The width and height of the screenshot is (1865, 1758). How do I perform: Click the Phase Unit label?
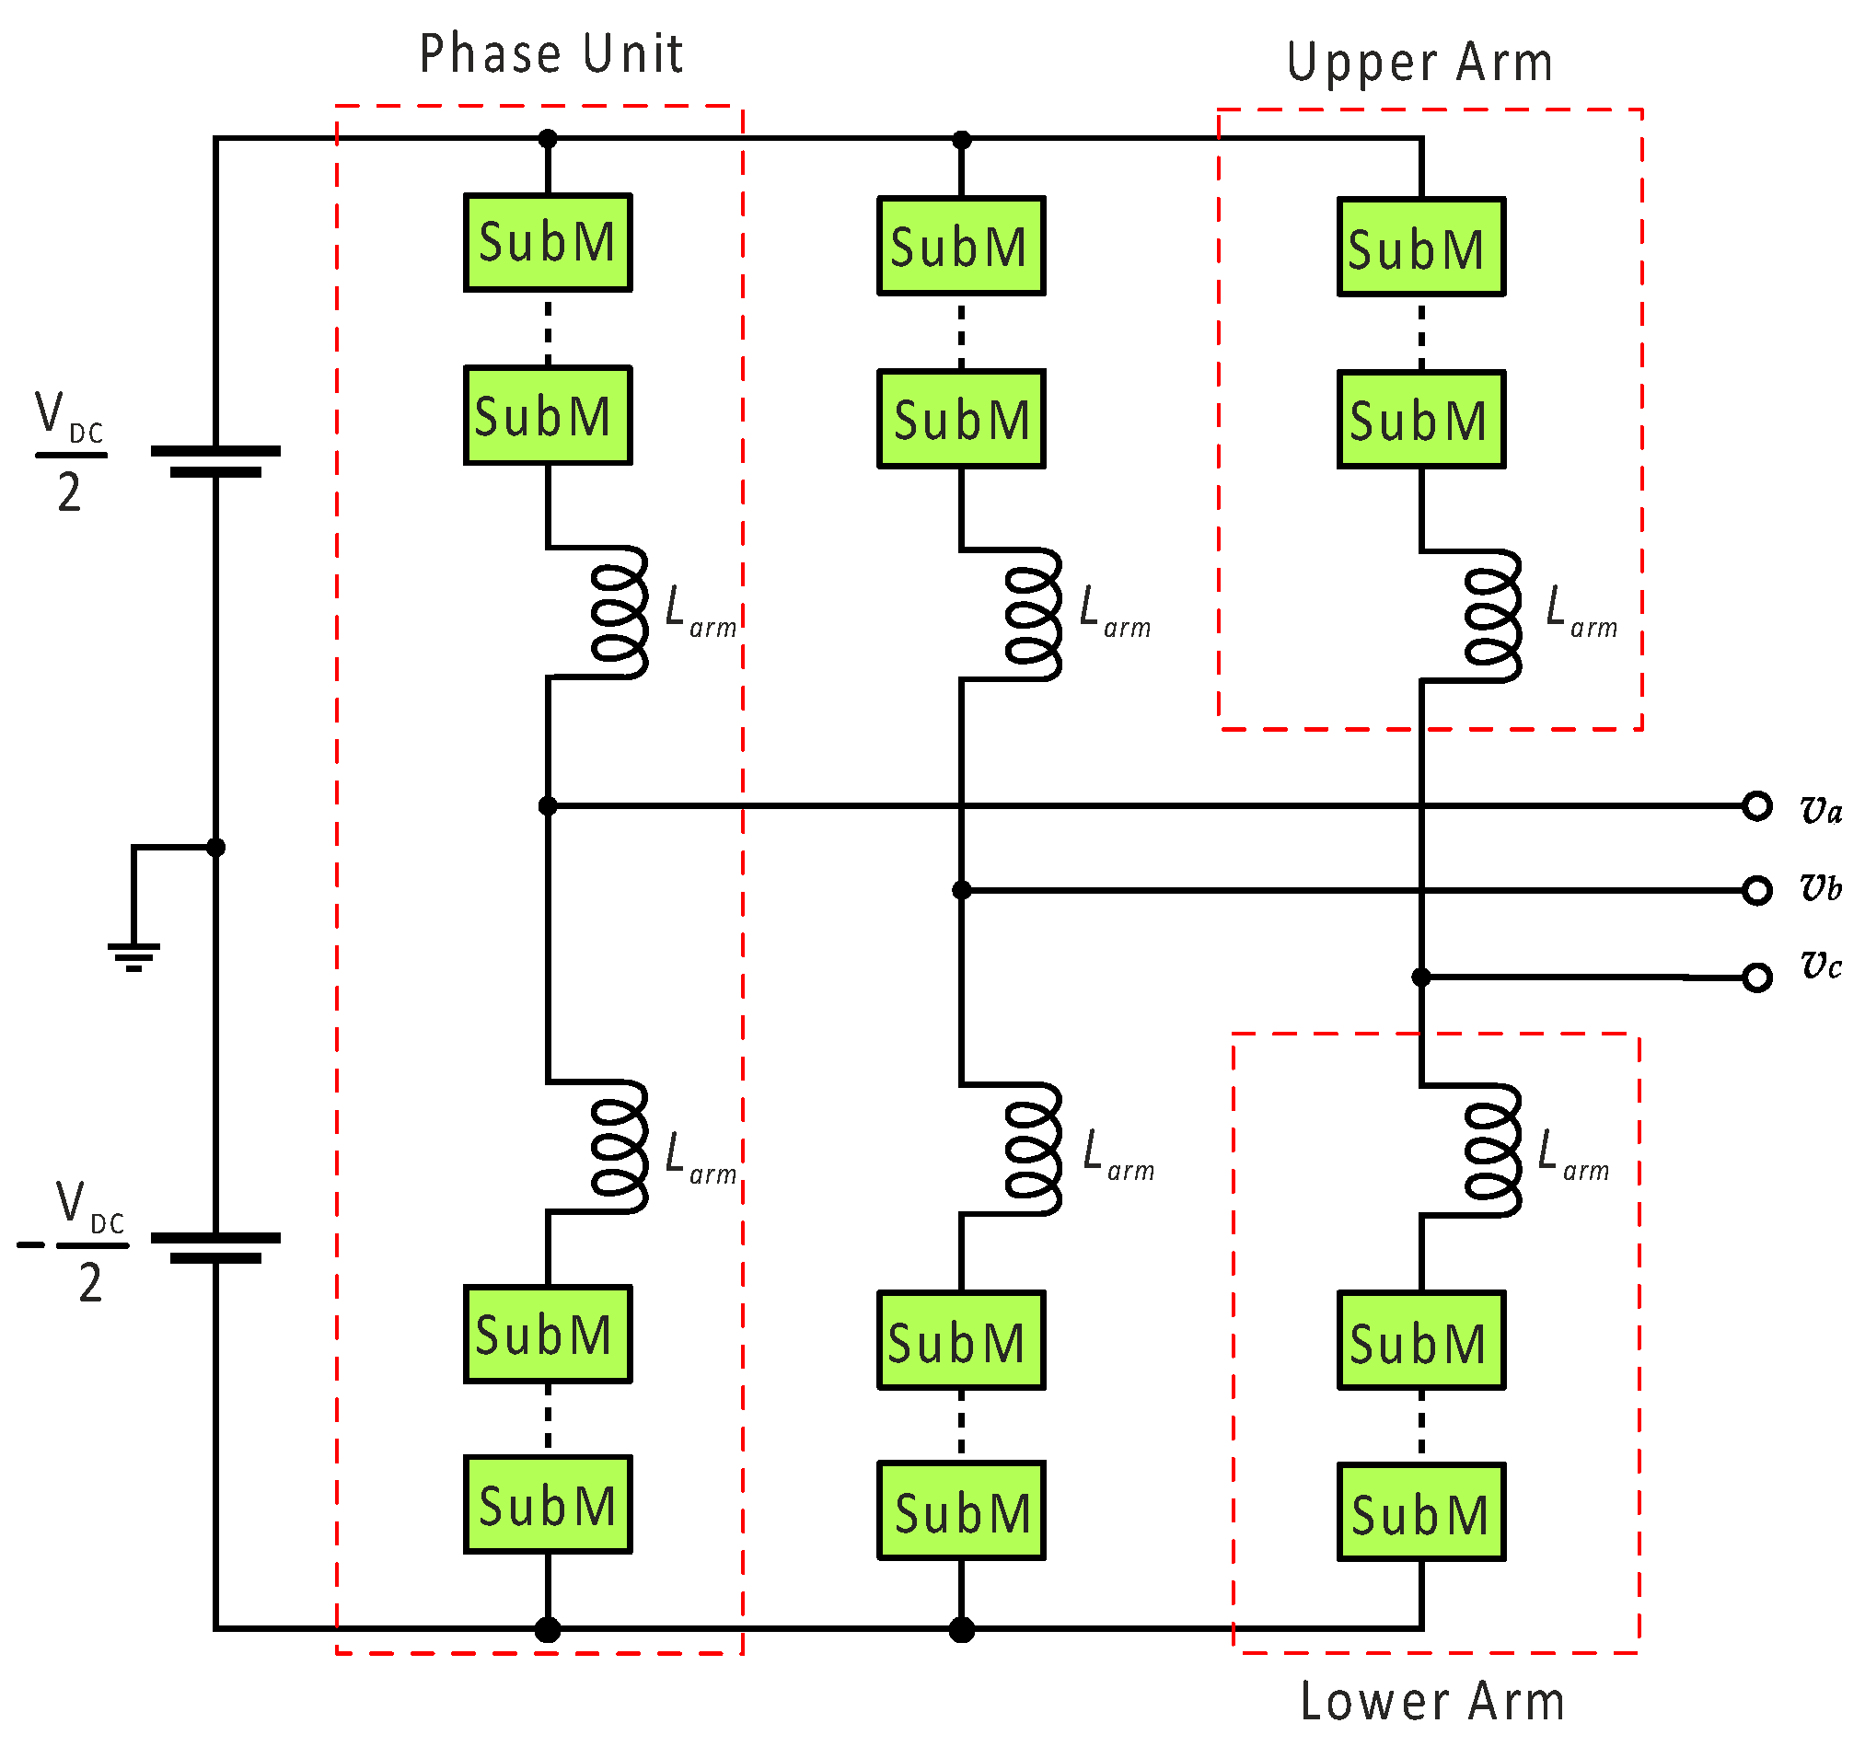click(550, 53)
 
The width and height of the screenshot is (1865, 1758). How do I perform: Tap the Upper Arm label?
click(1419, 63)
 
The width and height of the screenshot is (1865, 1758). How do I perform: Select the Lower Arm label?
click(1432, 1701)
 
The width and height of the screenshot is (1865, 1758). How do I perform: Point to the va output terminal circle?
click(1757, 806)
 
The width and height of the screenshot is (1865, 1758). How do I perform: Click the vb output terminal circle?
click(1757, 890)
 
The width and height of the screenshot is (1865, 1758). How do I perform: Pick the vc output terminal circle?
click(1757, 977)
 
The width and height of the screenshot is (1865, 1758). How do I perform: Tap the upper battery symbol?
click(215, 461)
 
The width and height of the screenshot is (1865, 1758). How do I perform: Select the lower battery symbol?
click(215, 1249)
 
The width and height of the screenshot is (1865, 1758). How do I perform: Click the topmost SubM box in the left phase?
click(548, 243)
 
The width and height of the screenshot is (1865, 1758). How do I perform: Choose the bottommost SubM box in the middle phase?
click(962, 1510)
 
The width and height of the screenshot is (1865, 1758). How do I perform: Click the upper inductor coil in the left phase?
click(620, 612)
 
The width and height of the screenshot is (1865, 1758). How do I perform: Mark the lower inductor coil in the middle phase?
click(1034, 1150)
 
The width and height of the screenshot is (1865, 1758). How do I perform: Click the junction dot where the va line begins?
click(548, 806)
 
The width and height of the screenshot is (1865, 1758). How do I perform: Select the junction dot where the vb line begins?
click(962, 890)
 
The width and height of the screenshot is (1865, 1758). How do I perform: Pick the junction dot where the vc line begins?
click(1421, 977)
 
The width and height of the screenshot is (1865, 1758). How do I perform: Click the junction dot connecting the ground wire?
click(215, 848)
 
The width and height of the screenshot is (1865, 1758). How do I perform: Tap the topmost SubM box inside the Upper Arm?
click(1421, 247)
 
